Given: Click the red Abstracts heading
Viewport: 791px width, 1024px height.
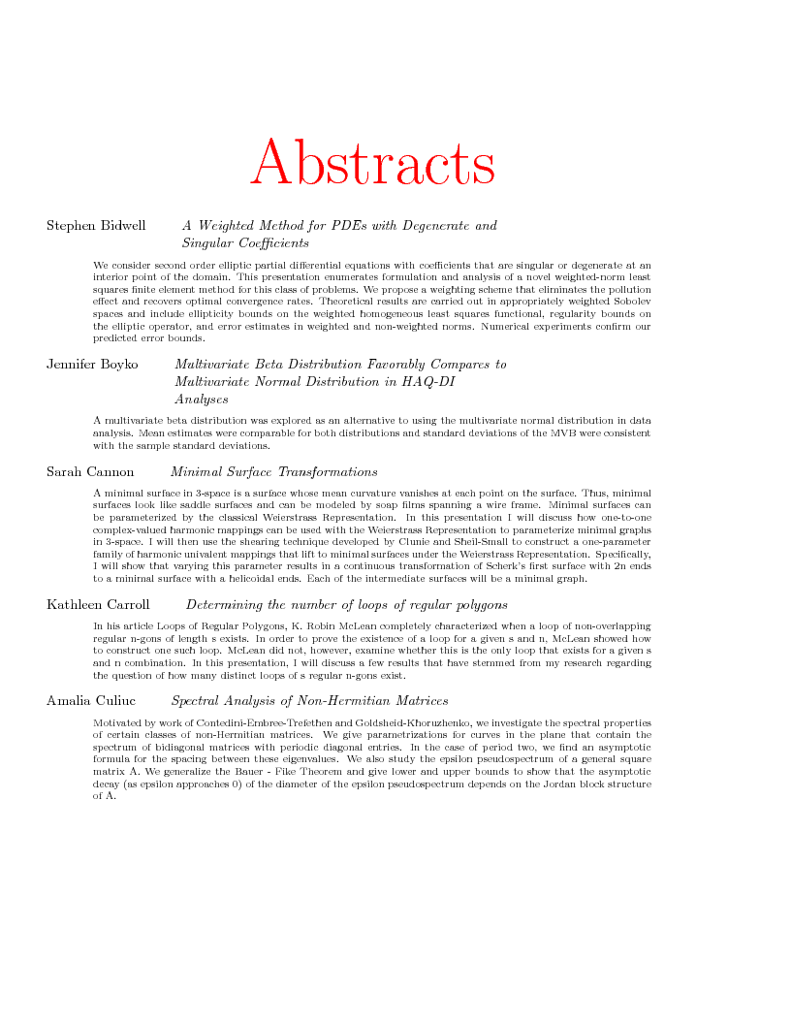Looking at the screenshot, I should [x=373, y=162].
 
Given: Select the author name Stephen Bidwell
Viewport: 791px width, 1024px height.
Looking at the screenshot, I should [x=96, y=226].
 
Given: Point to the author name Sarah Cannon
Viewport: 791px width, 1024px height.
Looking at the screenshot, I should [x=90, y=472].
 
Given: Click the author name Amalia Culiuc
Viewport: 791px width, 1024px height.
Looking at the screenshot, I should [x=91, y=700].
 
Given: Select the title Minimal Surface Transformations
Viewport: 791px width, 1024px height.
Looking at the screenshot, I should [x=273, y=472].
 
